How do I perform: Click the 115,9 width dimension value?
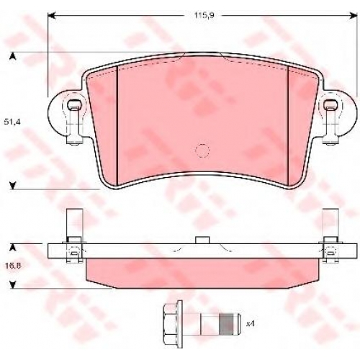coord(204,16)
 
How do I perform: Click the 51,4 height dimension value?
coord(12,122)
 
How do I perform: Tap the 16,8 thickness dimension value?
coord(12,266)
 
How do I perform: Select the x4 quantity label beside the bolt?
coord(250,324)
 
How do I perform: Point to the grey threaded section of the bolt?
coord(227,324)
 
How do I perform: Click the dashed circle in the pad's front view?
coord(202,150)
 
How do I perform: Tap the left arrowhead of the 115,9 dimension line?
coord(52,16)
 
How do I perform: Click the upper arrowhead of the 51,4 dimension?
coord(13,56)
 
